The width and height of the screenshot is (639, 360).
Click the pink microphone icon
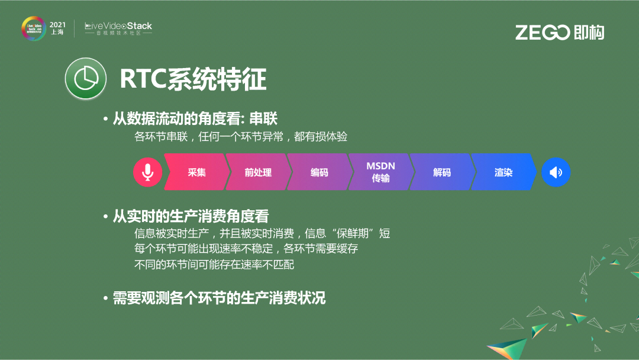coord(147,172)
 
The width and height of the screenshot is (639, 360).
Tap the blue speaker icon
coord(556,172)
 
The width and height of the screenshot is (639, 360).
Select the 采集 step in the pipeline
coord(197,172)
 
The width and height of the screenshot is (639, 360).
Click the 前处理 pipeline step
coord(258,172)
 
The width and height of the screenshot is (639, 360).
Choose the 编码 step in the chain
coord(319,172)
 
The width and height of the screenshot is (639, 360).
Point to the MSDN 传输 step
coord(380,172)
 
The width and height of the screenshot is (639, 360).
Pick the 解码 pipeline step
coord(442,172)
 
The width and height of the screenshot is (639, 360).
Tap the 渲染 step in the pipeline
coord(504,172)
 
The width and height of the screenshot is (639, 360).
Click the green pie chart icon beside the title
coord(85,79)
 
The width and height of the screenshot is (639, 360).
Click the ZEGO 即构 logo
coord(559,33)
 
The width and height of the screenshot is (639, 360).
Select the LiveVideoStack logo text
coord(118,27)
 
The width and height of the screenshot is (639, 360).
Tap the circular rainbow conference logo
coord(33,28)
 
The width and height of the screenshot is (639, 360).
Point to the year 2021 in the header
coord(57,24)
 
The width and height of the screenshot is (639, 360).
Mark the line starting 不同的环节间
coord(214,265)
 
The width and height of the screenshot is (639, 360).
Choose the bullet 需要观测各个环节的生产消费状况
coord(219,298)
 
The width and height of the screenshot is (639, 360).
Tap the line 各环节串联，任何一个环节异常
coord(240,137)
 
